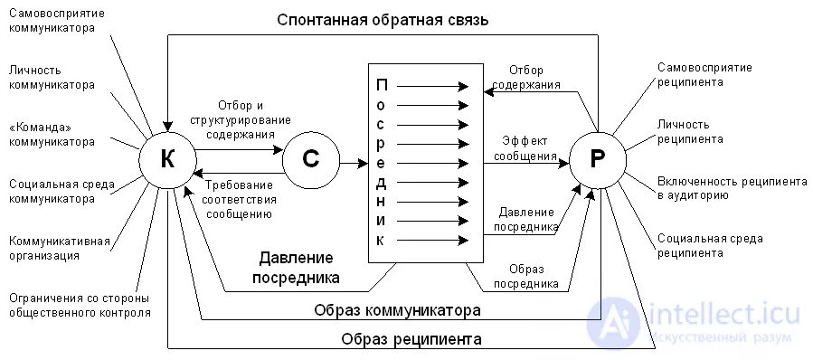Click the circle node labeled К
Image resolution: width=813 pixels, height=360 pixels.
[167, 159]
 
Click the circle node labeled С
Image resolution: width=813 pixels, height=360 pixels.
[310, 159]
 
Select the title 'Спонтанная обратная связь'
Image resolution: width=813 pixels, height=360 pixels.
[383, 19]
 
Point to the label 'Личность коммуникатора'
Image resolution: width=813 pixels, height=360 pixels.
[52, 78]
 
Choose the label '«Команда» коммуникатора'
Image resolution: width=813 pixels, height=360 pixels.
[52, 135]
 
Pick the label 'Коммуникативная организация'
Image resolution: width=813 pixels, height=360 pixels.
[60, 248]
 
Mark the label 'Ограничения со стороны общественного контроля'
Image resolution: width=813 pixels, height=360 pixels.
[80, 305]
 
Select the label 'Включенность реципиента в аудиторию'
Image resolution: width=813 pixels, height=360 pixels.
[732, 188]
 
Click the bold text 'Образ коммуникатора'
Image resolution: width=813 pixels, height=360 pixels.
[396, 310]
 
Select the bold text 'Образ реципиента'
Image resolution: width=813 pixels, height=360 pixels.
[411, 339]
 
